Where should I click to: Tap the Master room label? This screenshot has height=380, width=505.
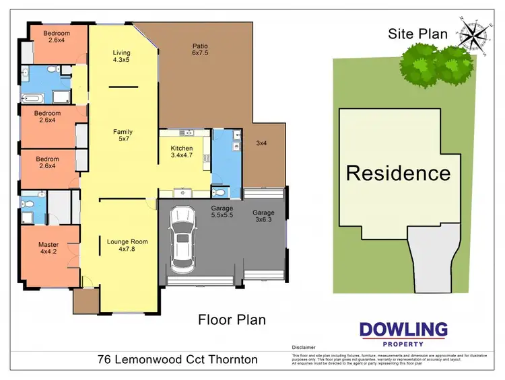pos(48,249)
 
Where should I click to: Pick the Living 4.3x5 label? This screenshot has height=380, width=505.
pos(122,56)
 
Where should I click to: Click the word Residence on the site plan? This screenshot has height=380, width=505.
pos(398,173)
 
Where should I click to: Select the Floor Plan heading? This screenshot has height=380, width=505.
pos(232,319)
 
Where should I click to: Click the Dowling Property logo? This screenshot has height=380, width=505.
pos(403,333)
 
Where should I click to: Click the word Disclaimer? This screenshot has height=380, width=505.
pos(304,348)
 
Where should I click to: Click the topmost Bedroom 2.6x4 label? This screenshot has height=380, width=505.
pos(57,37)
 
